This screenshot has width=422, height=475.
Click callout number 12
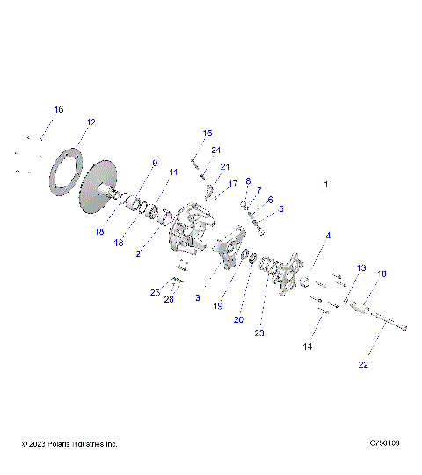pos(91,121)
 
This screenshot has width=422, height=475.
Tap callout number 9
pos(155,163)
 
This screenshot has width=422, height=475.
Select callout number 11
pos(173,172)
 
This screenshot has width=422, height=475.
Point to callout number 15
pos(207,134)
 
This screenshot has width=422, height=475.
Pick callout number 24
pos(215,150)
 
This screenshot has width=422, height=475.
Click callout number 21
pos(225,166)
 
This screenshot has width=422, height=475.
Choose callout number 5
pos(281,209)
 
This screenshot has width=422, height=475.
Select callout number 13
pos(360,267)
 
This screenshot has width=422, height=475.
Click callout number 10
pos(382,274)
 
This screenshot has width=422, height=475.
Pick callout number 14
pos(308,347)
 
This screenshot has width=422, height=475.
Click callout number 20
pos(238,320)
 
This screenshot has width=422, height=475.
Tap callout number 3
pos(199,298)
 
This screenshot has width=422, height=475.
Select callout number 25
pos(155,292)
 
